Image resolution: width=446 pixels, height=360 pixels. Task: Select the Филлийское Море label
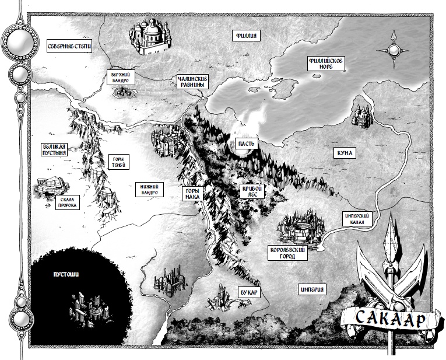point(327,64)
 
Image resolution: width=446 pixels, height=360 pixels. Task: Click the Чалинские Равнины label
point(192,82)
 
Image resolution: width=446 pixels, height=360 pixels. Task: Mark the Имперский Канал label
point(357,218)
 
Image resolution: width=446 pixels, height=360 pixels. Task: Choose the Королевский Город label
point(287,252)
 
